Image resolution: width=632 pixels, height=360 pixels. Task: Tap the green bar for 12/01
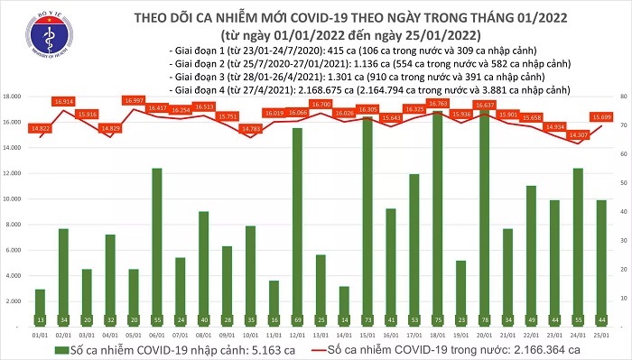pyautogui.click(x=297, y=226)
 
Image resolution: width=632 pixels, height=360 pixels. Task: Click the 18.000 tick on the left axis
pyautogui.click(x=12, y=97)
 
